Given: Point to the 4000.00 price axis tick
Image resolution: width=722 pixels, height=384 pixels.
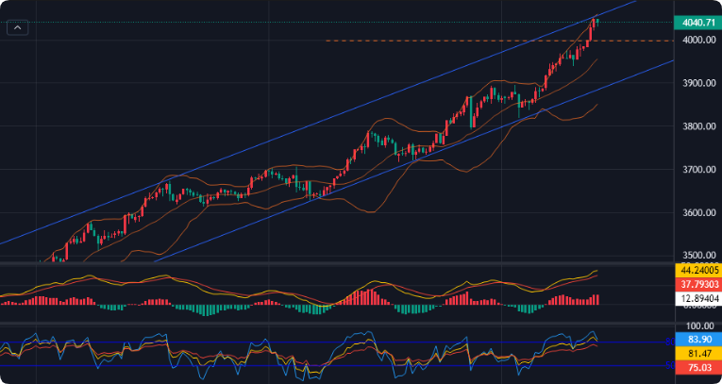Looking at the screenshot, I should point(697,40).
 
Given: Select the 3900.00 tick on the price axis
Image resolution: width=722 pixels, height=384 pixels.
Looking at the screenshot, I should point(697,83).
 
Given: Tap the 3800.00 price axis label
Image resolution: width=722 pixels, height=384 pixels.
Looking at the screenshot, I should point(697,126).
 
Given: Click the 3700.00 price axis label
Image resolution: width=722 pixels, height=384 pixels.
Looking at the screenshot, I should point(697,170).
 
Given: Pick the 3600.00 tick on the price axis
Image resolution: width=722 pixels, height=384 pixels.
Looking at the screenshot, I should point(697,213).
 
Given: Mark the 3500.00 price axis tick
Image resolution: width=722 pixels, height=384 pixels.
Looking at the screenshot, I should point(697,256).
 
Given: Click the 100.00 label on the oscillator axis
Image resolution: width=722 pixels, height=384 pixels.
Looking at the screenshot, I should point(697,326).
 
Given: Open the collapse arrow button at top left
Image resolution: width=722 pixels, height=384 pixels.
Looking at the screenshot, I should point(18,28).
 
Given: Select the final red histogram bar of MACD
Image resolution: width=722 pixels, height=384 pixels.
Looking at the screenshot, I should point(597,300).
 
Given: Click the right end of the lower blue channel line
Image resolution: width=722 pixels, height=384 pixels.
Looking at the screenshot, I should point(671,60).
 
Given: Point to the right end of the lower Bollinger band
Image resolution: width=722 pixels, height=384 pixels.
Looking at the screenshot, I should point(596,105).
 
